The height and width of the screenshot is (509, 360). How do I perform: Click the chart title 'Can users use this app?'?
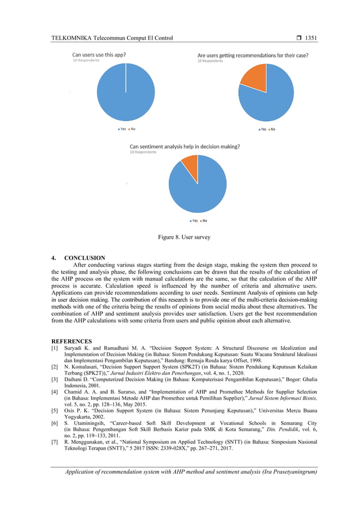click(99, 55)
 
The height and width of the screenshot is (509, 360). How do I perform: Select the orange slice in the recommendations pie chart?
click(254, 77)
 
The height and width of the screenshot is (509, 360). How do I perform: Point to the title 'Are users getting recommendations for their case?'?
click(253, 55)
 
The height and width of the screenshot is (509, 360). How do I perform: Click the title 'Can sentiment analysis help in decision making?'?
click(185, 146)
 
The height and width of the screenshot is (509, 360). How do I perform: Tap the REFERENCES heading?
click(72, 341)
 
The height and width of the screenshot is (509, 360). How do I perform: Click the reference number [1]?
click(55, 348)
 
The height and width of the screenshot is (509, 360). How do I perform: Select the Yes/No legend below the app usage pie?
click(125, 129)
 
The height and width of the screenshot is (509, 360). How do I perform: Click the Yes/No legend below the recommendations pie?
click(266, 129)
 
